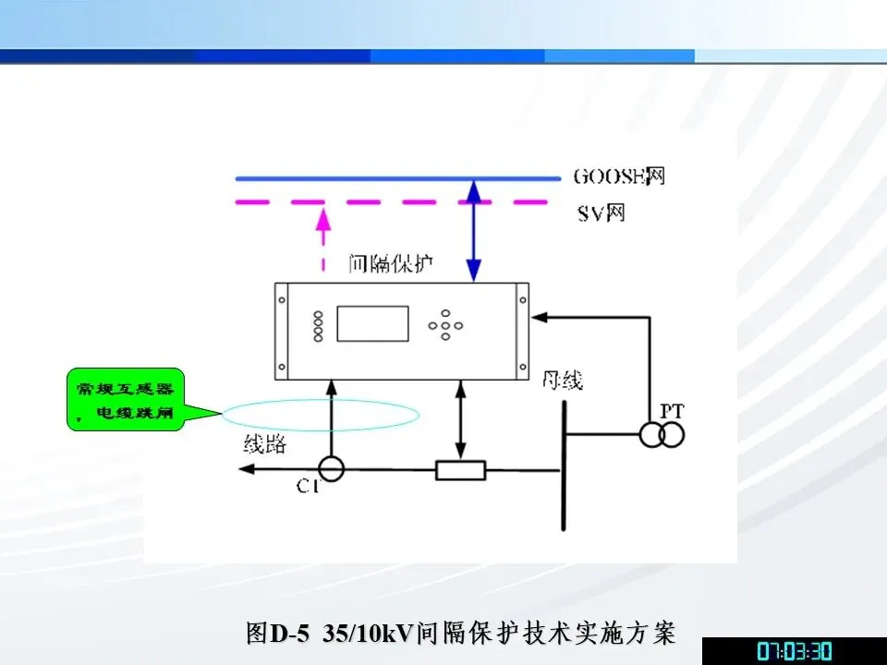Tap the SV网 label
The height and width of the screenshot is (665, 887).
tap(601, 214)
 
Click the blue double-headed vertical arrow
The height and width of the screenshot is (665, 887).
tap(474, 231)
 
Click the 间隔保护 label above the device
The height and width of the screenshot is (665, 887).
tap(392, 265)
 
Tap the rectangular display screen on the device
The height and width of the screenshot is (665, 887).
tap(372, 323)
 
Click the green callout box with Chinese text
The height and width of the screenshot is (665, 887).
tap(126, 400)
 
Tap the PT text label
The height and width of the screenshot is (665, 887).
tap(671, 410)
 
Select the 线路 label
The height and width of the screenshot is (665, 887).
tap(264, 444)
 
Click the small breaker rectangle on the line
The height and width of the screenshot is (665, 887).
tap(460, 470)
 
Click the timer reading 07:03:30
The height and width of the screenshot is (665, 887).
tap(795, 651)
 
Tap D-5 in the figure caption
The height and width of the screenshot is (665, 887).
tap(289, 634)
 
